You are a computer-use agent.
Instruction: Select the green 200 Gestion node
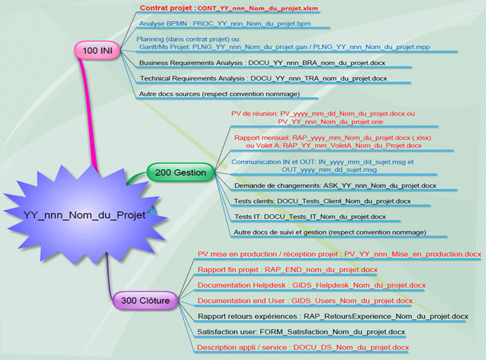180,173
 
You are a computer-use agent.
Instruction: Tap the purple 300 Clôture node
145,300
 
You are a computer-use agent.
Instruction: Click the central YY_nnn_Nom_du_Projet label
85,215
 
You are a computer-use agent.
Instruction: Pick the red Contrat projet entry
229,9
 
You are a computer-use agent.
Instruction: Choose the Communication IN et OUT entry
322,166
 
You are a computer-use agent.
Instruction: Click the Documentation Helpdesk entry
311,285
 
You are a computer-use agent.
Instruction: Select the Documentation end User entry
305,300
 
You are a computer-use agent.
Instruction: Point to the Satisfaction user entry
301,332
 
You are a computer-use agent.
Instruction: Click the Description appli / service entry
303,348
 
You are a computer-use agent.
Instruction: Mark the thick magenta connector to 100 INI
88,109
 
